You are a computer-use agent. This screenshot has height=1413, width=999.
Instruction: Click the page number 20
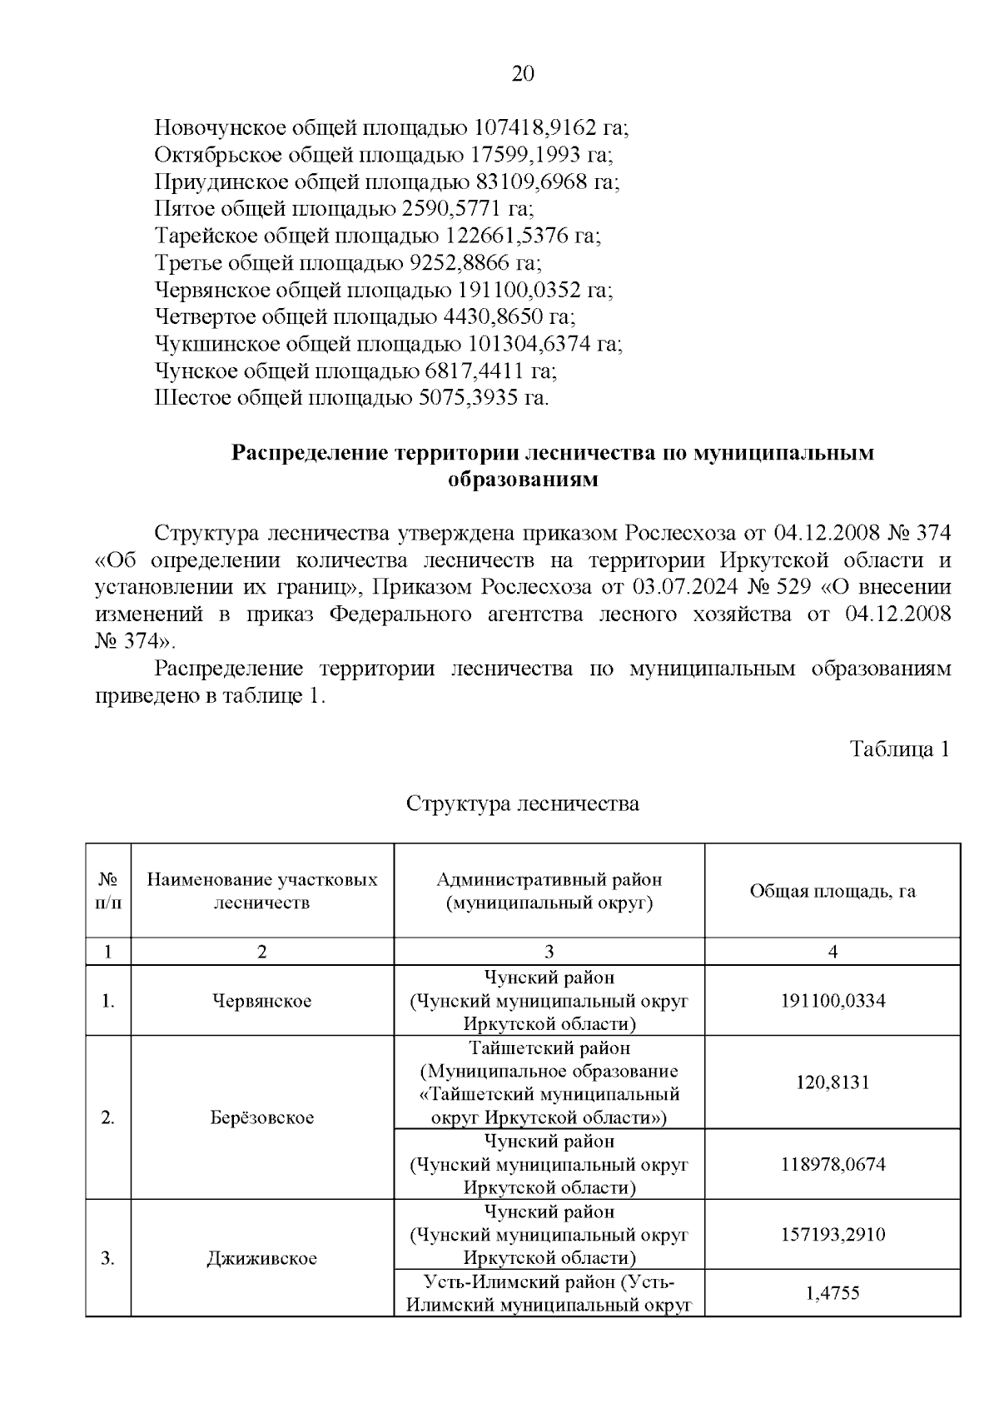pyautogui.click(x=522, y=74)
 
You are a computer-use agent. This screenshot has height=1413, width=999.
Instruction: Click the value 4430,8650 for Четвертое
pyautogui.click(x=490, y=317)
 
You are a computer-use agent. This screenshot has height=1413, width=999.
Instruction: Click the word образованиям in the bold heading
pyautogui.click(x=523, y=480)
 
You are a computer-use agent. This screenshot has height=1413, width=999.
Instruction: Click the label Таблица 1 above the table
pyautogui.click(x=899, y=749)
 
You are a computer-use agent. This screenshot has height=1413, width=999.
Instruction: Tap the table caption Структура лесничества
pyautogui.click(x=522, y=804)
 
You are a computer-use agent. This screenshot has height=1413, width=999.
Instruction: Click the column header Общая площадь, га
pyautogui.click(x=832, y=891)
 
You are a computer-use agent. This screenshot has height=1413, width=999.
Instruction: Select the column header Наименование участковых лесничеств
pyautogui.click(x=262, y=891)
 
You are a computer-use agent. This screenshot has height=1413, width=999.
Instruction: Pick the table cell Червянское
pyautogui.click(x=262, y=1001)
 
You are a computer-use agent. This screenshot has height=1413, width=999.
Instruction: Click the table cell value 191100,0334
pyautogui.click(x=832, y=1001)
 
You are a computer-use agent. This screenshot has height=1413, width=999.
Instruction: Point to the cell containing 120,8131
pyautogui.click(x=832, y=1082)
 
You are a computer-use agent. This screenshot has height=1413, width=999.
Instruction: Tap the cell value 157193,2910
pyautogui.click(x=832, y=1235)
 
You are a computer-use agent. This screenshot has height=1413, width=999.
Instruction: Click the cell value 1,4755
pyautogui.click(x=832, y=1293)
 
